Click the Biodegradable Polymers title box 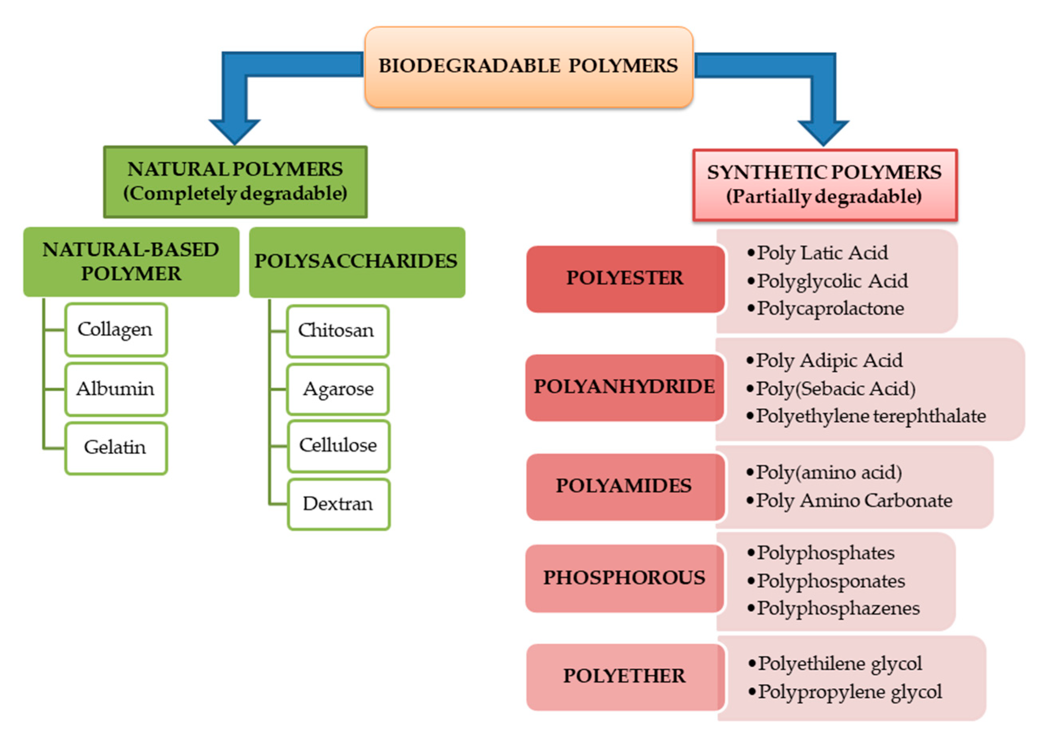coord(528,67)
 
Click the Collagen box coord(116,330)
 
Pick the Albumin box coord(116,389)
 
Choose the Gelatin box coord(116,448)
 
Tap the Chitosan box coord(337,331)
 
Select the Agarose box coord(338,389)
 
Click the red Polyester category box coord(625,279)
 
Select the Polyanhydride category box coord(624,387)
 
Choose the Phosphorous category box coord(624,578)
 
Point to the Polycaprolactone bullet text coord(830,309)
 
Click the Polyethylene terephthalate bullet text coord(870,416)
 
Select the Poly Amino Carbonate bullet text coord(854,501)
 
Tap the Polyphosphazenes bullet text coord(838,609)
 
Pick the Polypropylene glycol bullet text coord(849,692)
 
